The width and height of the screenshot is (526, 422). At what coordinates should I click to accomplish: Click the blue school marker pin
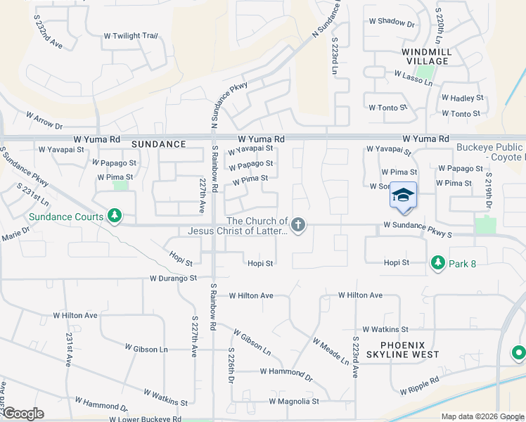click(x=403, y=195)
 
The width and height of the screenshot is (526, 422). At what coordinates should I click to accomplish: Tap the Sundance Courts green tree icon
click(x=114, y=216)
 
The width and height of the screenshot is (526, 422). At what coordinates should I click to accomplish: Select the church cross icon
click(x=298, y=225)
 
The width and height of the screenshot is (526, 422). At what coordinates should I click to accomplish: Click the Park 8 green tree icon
click(x=437, y=262)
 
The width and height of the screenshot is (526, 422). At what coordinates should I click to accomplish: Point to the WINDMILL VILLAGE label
click(x=425, y=56)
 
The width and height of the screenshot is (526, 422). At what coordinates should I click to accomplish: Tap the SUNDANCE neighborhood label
click(x=158, y=144)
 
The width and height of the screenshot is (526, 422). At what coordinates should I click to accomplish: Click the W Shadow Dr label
click(x=392, y=22)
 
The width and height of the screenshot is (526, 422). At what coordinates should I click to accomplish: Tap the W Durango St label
click(x=174, y=279)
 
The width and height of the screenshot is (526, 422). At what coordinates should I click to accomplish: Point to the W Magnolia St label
click(x=294, y=402)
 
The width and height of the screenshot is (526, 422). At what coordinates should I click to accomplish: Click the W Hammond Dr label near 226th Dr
click(x=286, y=371)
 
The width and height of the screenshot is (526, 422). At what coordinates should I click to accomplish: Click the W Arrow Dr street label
click(x=44, y=120)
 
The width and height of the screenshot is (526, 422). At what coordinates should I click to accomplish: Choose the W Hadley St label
click(x=462, y=98)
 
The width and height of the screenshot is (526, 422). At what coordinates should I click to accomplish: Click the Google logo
click(x=23, y=414)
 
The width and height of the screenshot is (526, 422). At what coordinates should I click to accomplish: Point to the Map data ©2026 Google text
click(x=482, y=416)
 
